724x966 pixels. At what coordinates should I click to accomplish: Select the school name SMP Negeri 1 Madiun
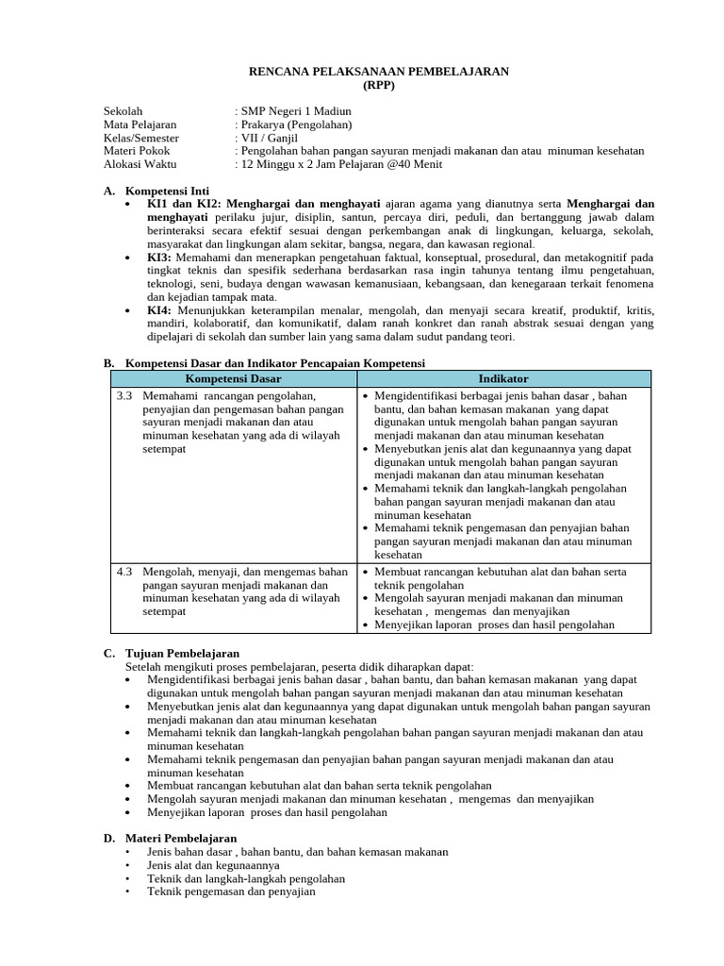coord(296,111)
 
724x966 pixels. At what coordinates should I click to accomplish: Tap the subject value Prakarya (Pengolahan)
coord(296,125)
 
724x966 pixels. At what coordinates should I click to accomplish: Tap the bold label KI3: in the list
coord(158,257)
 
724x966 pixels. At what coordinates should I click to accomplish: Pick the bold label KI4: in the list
coord(158,310)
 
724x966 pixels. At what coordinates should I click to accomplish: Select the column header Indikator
coord(503,378)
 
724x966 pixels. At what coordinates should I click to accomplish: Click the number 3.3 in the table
coord(124,396)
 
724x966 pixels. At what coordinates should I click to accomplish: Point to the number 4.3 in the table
coord(124,572)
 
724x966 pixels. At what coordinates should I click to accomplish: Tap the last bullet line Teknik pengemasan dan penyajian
coord(231,891)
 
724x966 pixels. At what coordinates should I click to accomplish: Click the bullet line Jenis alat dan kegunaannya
coord(213,864)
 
